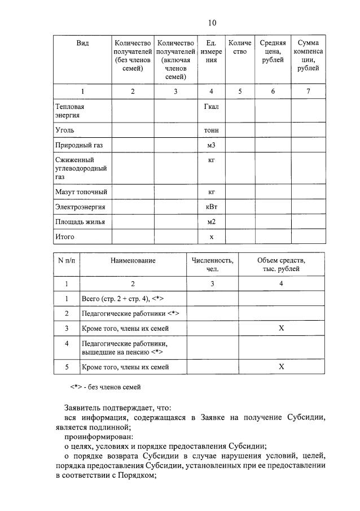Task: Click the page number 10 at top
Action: point(212,23)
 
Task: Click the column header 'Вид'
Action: point(82,43)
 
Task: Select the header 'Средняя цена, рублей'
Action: point(273,51)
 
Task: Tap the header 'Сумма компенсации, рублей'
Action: point(308,55)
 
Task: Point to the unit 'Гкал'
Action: point(212,106)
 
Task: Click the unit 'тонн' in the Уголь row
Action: point(212,130)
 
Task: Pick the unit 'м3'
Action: point(212,146)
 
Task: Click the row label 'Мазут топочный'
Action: point(81,193)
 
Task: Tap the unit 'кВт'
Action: point(212,207)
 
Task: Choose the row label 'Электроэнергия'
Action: point(80,207)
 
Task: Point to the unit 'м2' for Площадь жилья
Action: point(212,222)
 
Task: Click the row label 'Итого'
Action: point(64,237)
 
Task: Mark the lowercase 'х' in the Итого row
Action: point(212,237)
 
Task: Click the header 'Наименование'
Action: point(133,261)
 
